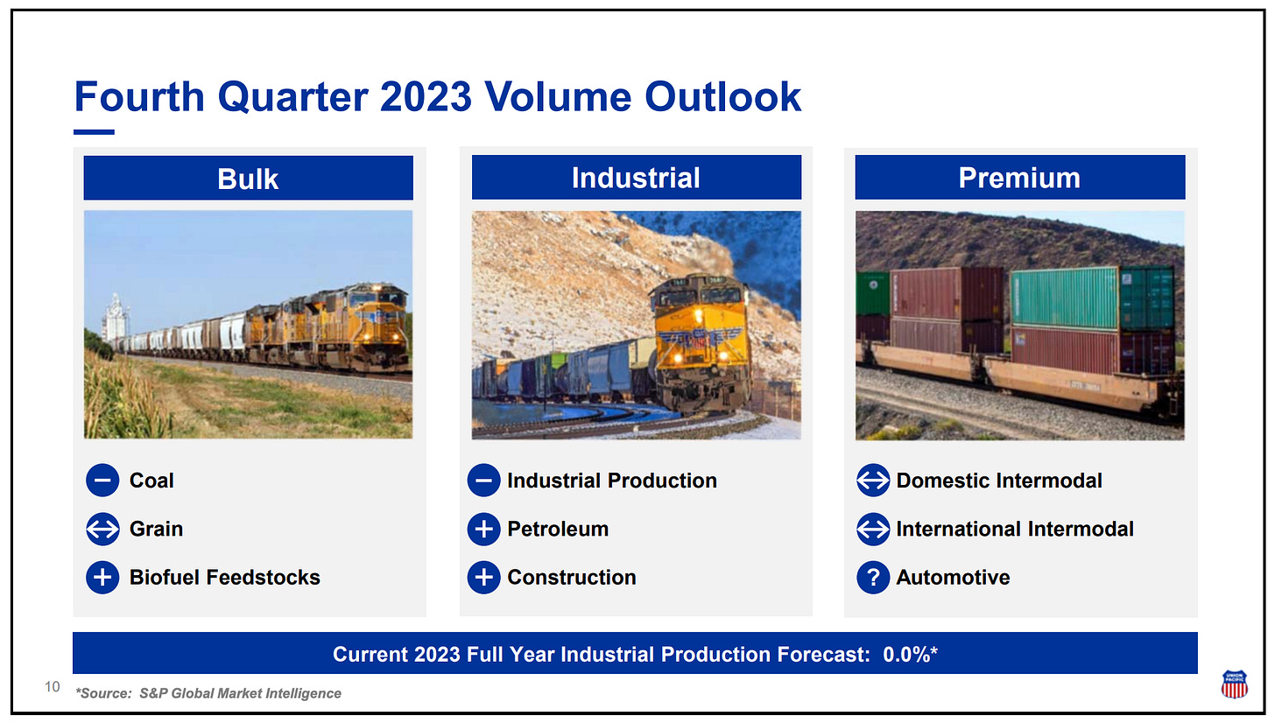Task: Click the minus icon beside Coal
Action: [x=102, y=481]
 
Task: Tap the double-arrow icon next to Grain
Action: [x=102, y=529]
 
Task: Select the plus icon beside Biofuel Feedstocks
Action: [x=102, y=578]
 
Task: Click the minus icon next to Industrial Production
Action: [x=483, y=481]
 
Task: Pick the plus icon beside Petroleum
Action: [x=483, y=529]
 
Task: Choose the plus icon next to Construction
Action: [x=483, y=578]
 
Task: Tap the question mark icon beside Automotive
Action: [x=873, y=578]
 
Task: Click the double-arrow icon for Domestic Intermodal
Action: [x=873, y=481]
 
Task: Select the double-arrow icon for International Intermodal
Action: [x=873, y=529]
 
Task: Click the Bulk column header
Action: [x=248, y=178]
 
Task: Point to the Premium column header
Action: [x=1020, y=178]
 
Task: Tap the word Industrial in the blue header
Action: [x=636, y=178]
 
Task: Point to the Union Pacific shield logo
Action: [x=1234, y=684]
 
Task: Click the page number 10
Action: [x=53, y=687]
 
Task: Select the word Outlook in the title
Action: [x=723, y=96]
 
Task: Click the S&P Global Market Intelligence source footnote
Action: [x=208, y=693]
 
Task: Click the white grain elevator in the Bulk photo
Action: [x=116, y=318]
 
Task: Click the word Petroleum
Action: [x=558, y=529]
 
